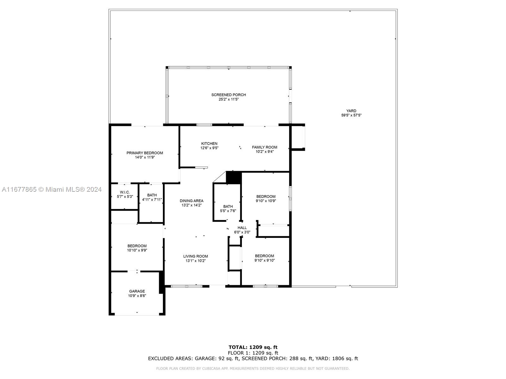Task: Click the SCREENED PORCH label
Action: click(x=228, y=95)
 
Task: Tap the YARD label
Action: click(x=351, y=111)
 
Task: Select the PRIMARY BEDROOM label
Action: click(x=145, y=153)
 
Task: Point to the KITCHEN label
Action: click(x=209, y=144)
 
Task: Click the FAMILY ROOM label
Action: click(x=265, y=147)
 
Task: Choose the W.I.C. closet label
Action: click(x=125, y=192)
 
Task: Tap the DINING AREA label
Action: click(x=192, y=201)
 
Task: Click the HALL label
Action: click(x=242, y=228)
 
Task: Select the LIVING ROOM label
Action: click(x=195, y=256)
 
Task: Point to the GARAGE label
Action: click(x=137, y=291)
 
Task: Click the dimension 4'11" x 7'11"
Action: click(x=152, y=200)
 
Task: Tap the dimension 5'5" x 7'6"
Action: click(x=228, y=211)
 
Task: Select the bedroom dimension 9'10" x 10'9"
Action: click(x=266, y=201)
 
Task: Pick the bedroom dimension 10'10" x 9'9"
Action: click(x=137, y=250)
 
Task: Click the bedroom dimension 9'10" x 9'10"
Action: click(x=264, y=260)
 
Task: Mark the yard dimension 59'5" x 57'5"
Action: click(x=351, y=115)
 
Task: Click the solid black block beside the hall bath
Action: click(x=234, y=177)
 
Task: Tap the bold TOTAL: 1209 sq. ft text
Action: click(x=253, y=347)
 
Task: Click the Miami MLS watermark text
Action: click(x=52, y=189)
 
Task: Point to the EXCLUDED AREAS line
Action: click(x=253, y=358)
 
